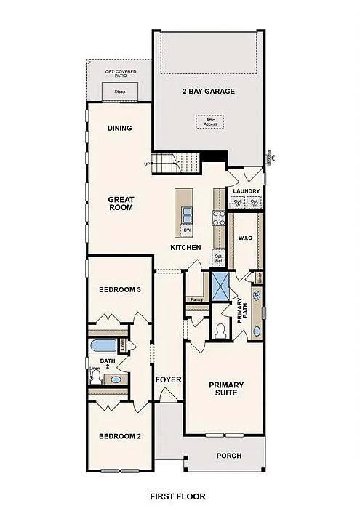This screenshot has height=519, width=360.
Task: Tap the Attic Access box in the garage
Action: click(210, 122)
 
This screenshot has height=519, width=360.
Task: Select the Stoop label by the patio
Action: click(120, 92)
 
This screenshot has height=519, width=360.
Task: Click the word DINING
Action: click(119, 129)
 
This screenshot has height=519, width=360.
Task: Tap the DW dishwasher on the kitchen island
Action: click(187, 230)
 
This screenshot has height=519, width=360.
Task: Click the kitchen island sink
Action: click(187, 214)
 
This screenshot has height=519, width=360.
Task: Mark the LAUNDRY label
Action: click(246, 191)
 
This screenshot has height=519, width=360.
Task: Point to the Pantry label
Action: click(196, 299)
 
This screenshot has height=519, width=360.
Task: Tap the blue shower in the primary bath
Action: click(220, 286)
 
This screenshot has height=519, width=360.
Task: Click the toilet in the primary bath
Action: click(220, 331)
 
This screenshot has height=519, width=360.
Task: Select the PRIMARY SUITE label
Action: click(226, 389)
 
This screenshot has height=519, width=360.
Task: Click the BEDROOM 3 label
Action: click(119, 289)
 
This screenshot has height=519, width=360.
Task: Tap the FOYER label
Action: click(168, 379)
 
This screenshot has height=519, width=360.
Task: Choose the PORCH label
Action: click(229, 456)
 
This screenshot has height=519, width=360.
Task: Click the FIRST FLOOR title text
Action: click(177, 496)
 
